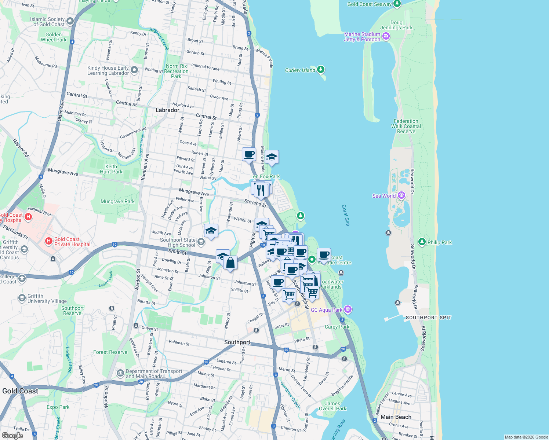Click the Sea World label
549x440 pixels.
pyautogui.click(x=384, y=196)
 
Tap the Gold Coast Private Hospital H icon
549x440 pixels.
pyautogui.click(x=48, y=241)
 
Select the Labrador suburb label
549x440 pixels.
pyautogui.click(x=167, y=110)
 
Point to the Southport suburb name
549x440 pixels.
pyautogui.click(x=237, y=342)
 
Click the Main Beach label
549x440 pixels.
pyautogui.click(x=396, y=417)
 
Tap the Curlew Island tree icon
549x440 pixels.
pyautogui.click(x=321, y=69)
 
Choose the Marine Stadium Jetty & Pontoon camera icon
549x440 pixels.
pyautogui.click(x=386, y=36)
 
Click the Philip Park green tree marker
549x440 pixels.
pyautogui.click(x=422, y=242)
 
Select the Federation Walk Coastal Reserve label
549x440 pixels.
pyautogui.click(x=406, y=126)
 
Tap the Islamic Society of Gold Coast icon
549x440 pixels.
pyautogui.click(x=70, y=22)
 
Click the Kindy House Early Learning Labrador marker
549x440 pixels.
pyautogui.click(x=134, y=70)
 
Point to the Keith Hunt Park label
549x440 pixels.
pyautogui.click(x=111, y=169)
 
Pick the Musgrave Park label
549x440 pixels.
pyautogui.click(x=117, y=201)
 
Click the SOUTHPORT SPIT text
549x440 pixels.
pyautogui.click(x=428, y=318)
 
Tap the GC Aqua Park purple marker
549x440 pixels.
pyautogui.click(x=348, y=309)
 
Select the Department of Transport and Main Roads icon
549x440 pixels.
pyautogui.click(x=120, y=373)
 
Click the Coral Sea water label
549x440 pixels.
pyautogui.click(x=346, y=215)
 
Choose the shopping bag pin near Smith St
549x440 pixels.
pyautogui.click(x=230, y=263)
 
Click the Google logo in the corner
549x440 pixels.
pyautogui.click(x=12, y=436)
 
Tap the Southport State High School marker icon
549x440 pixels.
pyautogui.click(x=201, y=242)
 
